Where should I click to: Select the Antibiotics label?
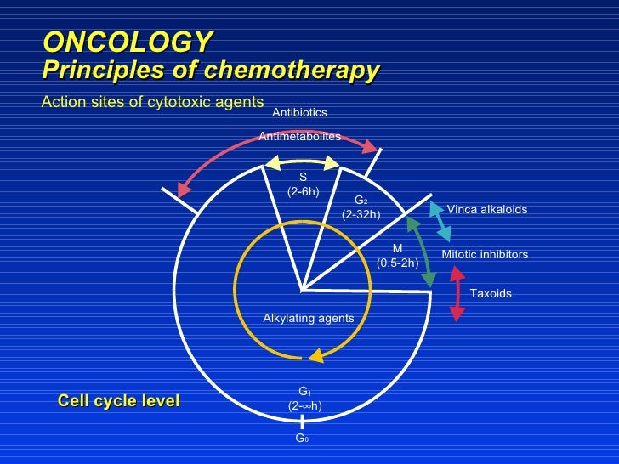pos(299,112)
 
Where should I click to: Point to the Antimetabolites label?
pos(299,136)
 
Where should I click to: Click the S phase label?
pos(303,177)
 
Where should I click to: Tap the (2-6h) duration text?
pos(303,191)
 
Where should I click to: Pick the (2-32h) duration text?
pos(361,215)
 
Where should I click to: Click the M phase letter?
pos(397,248)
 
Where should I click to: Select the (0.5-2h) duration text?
pos(397,263)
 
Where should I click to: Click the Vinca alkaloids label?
pos(487,209)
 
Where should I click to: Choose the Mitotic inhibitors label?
pos(485,254)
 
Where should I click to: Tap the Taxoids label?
pos(491,293)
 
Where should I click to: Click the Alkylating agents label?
pos(309,318)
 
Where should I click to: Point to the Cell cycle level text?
pos(118,400)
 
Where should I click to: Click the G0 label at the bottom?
pos(302,439)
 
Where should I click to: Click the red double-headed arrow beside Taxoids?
pos(457,294)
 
